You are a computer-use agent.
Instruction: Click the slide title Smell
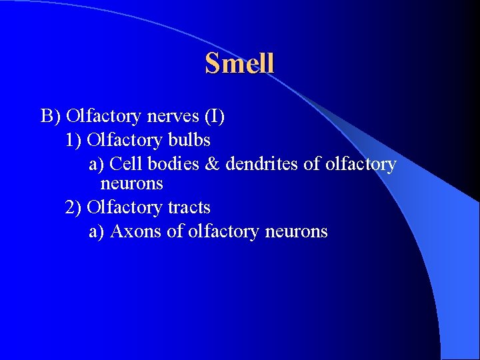tap(239, 63)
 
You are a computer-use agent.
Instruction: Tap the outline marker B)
tap(51, 117)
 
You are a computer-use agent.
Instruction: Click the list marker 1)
tap(74, 141)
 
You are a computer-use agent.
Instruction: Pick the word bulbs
tap(190, 141)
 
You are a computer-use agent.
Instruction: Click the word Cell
tap(126, 164)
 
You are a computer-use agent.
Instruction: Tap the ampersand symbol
tap(212, 164)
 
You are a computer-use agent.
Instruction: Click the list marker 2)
tap(74, 208)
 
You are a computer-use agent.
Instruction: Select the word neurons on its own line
tap(131, 183)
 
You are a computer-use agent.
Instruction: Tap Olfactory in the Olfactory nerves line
tap(103, 117)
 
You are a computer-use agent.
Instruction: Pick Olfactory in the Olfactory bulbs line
tap(125, 141)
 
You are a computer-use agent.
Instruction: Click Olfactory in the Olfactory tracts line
tap(125, 208)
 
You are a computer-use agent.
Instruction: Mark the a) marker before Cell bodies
tap(97, 164)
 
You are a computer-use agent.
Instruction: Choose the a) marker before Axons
tap(97, 232)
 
